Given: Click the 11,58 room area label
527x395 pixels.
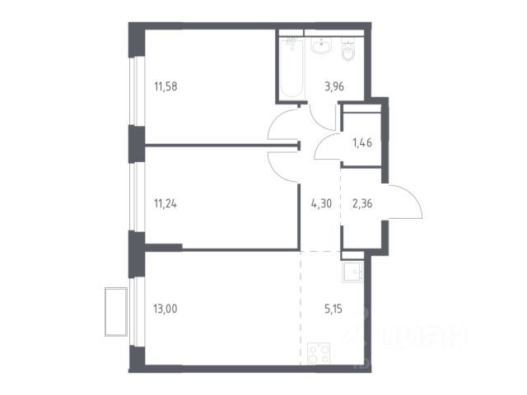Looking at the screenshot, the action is pyautogui.click(x=166, y=86).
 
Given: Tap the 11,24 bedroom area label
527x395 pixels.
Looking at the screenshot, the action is pyautogui.click(x=166, y=203).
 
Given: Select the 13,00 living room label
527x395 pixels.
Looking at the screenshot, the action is pyautogui.click(x=166, y=309).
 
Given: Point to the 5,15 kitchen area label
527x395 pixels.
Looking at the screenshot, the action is pyautogui.click(x=333, y=309).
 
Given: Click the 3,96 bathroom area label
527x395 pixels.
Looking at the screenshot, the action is pyautogui.click(x=334, y=86).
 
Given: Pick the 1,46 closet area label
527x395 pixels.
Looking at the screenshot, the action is pyautogui.click(x=362, y=143).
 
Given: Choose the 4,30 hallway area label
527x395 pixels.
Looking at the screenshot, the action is pyautogui.click(x=321, y=203).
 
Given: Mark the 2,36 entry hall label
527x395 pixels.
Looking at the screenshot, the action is pyautogui.click(x=362, y=203).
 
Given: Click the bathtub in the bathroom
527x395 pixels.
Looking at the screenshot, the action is pyautogui.click(x=291, y=68).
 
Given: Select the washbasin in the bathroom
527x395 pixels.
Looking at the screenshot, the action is pyautogui.click(x=322, y=45).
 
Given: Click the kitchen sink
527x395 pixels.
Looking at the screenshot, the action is pyautogui.click(x=352, y=272).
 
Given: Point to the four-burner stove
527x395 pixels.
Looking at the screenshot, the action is pyautogui.click(x=319, y=353).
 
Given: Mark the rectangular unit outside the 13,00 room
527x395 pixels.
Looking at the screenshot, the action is pyautogui.click(x=116, y=312).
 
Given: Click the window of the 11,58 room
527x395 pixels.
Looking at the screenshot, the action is pyautogui.click(x=135, y=91).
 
